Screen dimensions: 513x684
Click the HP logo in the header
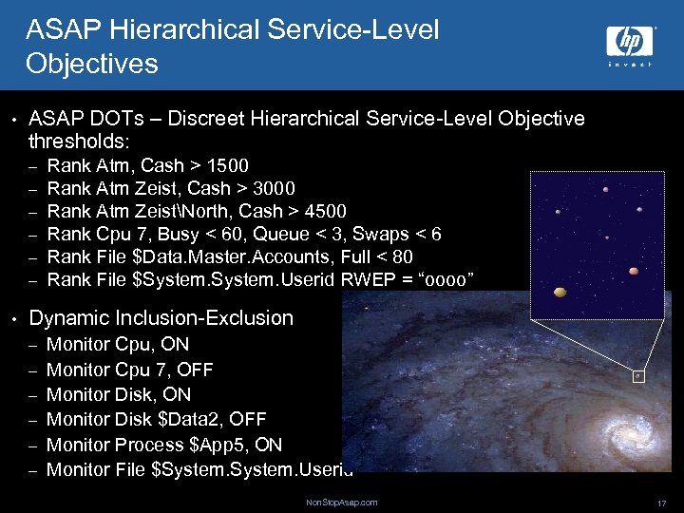[631, 42]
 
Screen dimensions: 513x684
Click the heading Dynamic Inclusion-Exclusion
[161, 318]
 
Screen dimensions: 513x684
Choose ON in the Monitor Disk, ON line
[177, 394]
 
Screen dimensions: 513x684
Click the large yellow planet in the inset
[560, 294]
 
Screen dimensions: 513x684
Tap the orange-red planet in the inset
[634, 272]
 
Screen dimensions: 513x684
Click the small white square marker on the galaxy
[637, 375]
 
